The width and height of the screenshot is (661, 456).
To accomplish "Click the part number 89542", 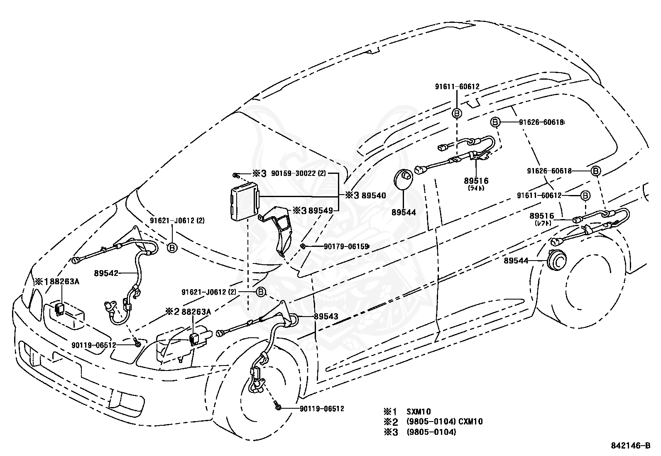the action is click(106, 273).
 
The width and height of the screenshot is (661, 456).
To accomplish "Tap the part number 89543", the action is click(326, 317).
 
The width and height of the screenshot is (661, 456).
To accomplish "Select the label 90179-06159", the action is click(346, 246).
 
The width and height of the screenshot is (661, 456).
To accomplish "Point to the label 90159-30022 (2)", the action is click(299, 173).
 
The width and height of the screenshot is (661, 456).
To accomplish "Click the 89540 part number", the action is click(374, 195).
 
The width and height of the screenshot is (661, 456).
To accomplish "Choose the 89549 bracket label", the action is click(321, 210).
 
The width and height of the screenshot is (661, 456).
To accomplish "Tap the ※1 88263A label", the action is click(57, 282).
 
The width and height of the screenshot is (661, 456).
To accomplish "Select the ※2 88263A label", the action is click(188, 312).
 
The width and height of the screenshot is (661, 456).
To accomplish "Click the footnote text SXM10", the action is click(419, 412).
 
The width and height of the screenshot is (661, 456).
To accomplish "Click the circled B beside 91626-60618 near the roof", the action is click(495, 122).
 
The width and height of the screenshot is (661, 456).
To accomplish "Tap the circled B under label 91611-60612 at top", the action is click(456, 113).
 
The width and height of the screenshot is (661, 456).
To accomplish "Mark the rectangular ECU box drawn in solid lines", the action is click(245, 201).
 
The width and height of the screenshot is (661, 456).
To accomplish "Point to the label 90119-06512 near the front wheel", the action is click(322, 409).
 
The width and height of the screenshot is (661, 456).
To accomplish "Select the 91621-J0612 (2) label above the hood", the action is click(177, 220).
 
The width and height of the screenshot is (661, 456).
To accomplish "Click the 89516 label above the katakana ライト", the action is click(476, 180).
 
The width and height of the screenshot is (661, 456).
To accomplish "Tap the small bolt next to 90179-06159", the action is click(302, 246).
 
